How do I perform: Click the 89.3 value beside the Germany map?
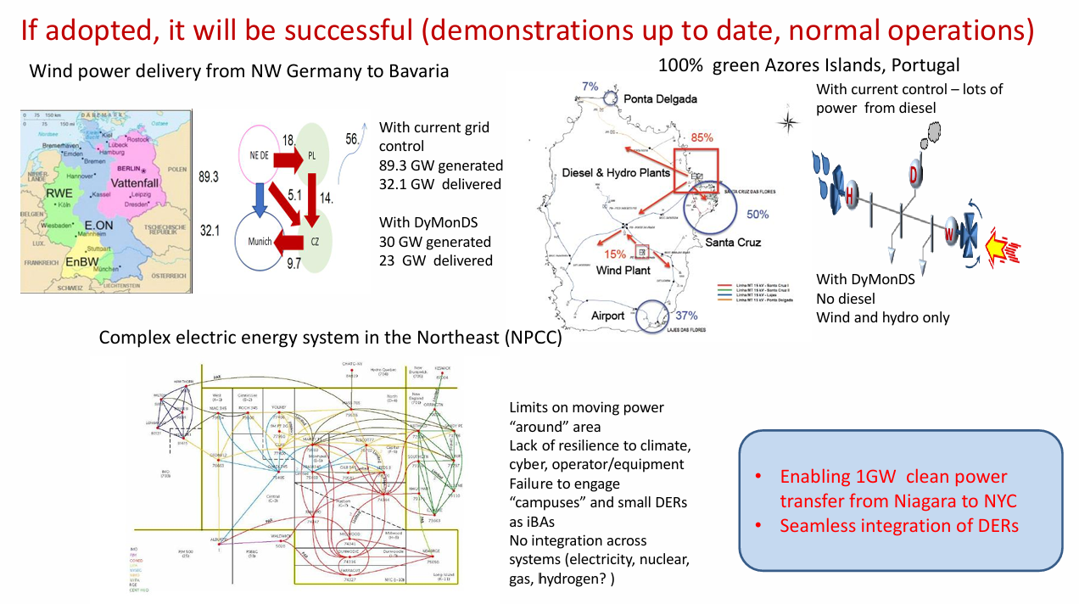pyautogui.click(x=209, y=177)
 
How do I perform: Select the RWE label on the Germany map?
pyautogui.click(x=59, y=193)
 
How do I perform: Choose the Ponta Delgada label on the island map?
pyautogui.click(x=660, y=99)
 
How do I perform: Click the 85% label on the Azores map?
pyautogui.click(x=702, y=137)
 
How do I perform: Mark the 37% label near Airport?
pyautogui.click(x=686, y=316)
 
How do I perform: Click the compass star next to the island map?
pyautogui.click(x=788, y=122)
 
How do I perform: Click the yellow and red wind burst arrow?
pyautogui.click(x=1002, y=247)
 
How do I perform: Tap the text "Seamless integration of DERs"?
pyautogui.click(x=899, y=525)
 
